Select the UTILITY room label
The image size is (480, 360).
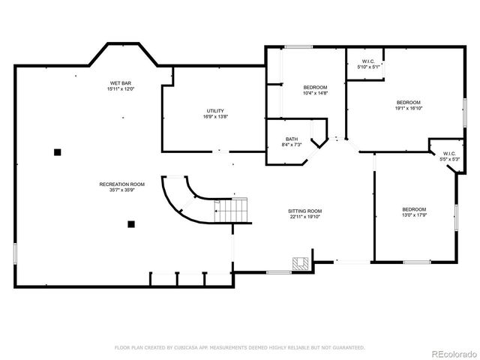[x=215, y=111]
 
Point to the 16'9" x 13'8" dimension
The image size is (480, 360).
[x=215, y=117]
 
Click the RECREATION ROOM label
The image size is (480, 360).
[x=121, y=184]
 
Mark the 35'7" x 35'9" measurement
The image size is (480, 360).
[x=121, y=190]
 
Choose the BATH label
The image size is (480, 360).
[x=292, y=138]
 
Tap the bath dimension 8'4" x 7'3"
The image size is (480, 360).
[x=292, y=144]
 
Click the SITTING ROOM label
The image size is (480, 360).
[x=305, y=211]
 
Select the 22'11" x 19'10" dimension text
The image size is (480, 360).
[x=305, y=217]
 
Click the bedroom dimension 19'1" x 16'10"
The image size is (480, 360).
[x=408, y=108]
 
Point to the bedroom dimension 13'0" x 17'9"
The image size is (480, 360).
[x=413, y=215]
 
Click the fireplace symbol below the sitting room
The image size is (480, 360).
[x=300, y=262]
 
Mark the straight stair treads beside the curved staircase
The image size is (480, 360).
[x=232, y=211]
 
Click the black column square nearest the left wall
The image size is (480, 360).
[x=57, y=152]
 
